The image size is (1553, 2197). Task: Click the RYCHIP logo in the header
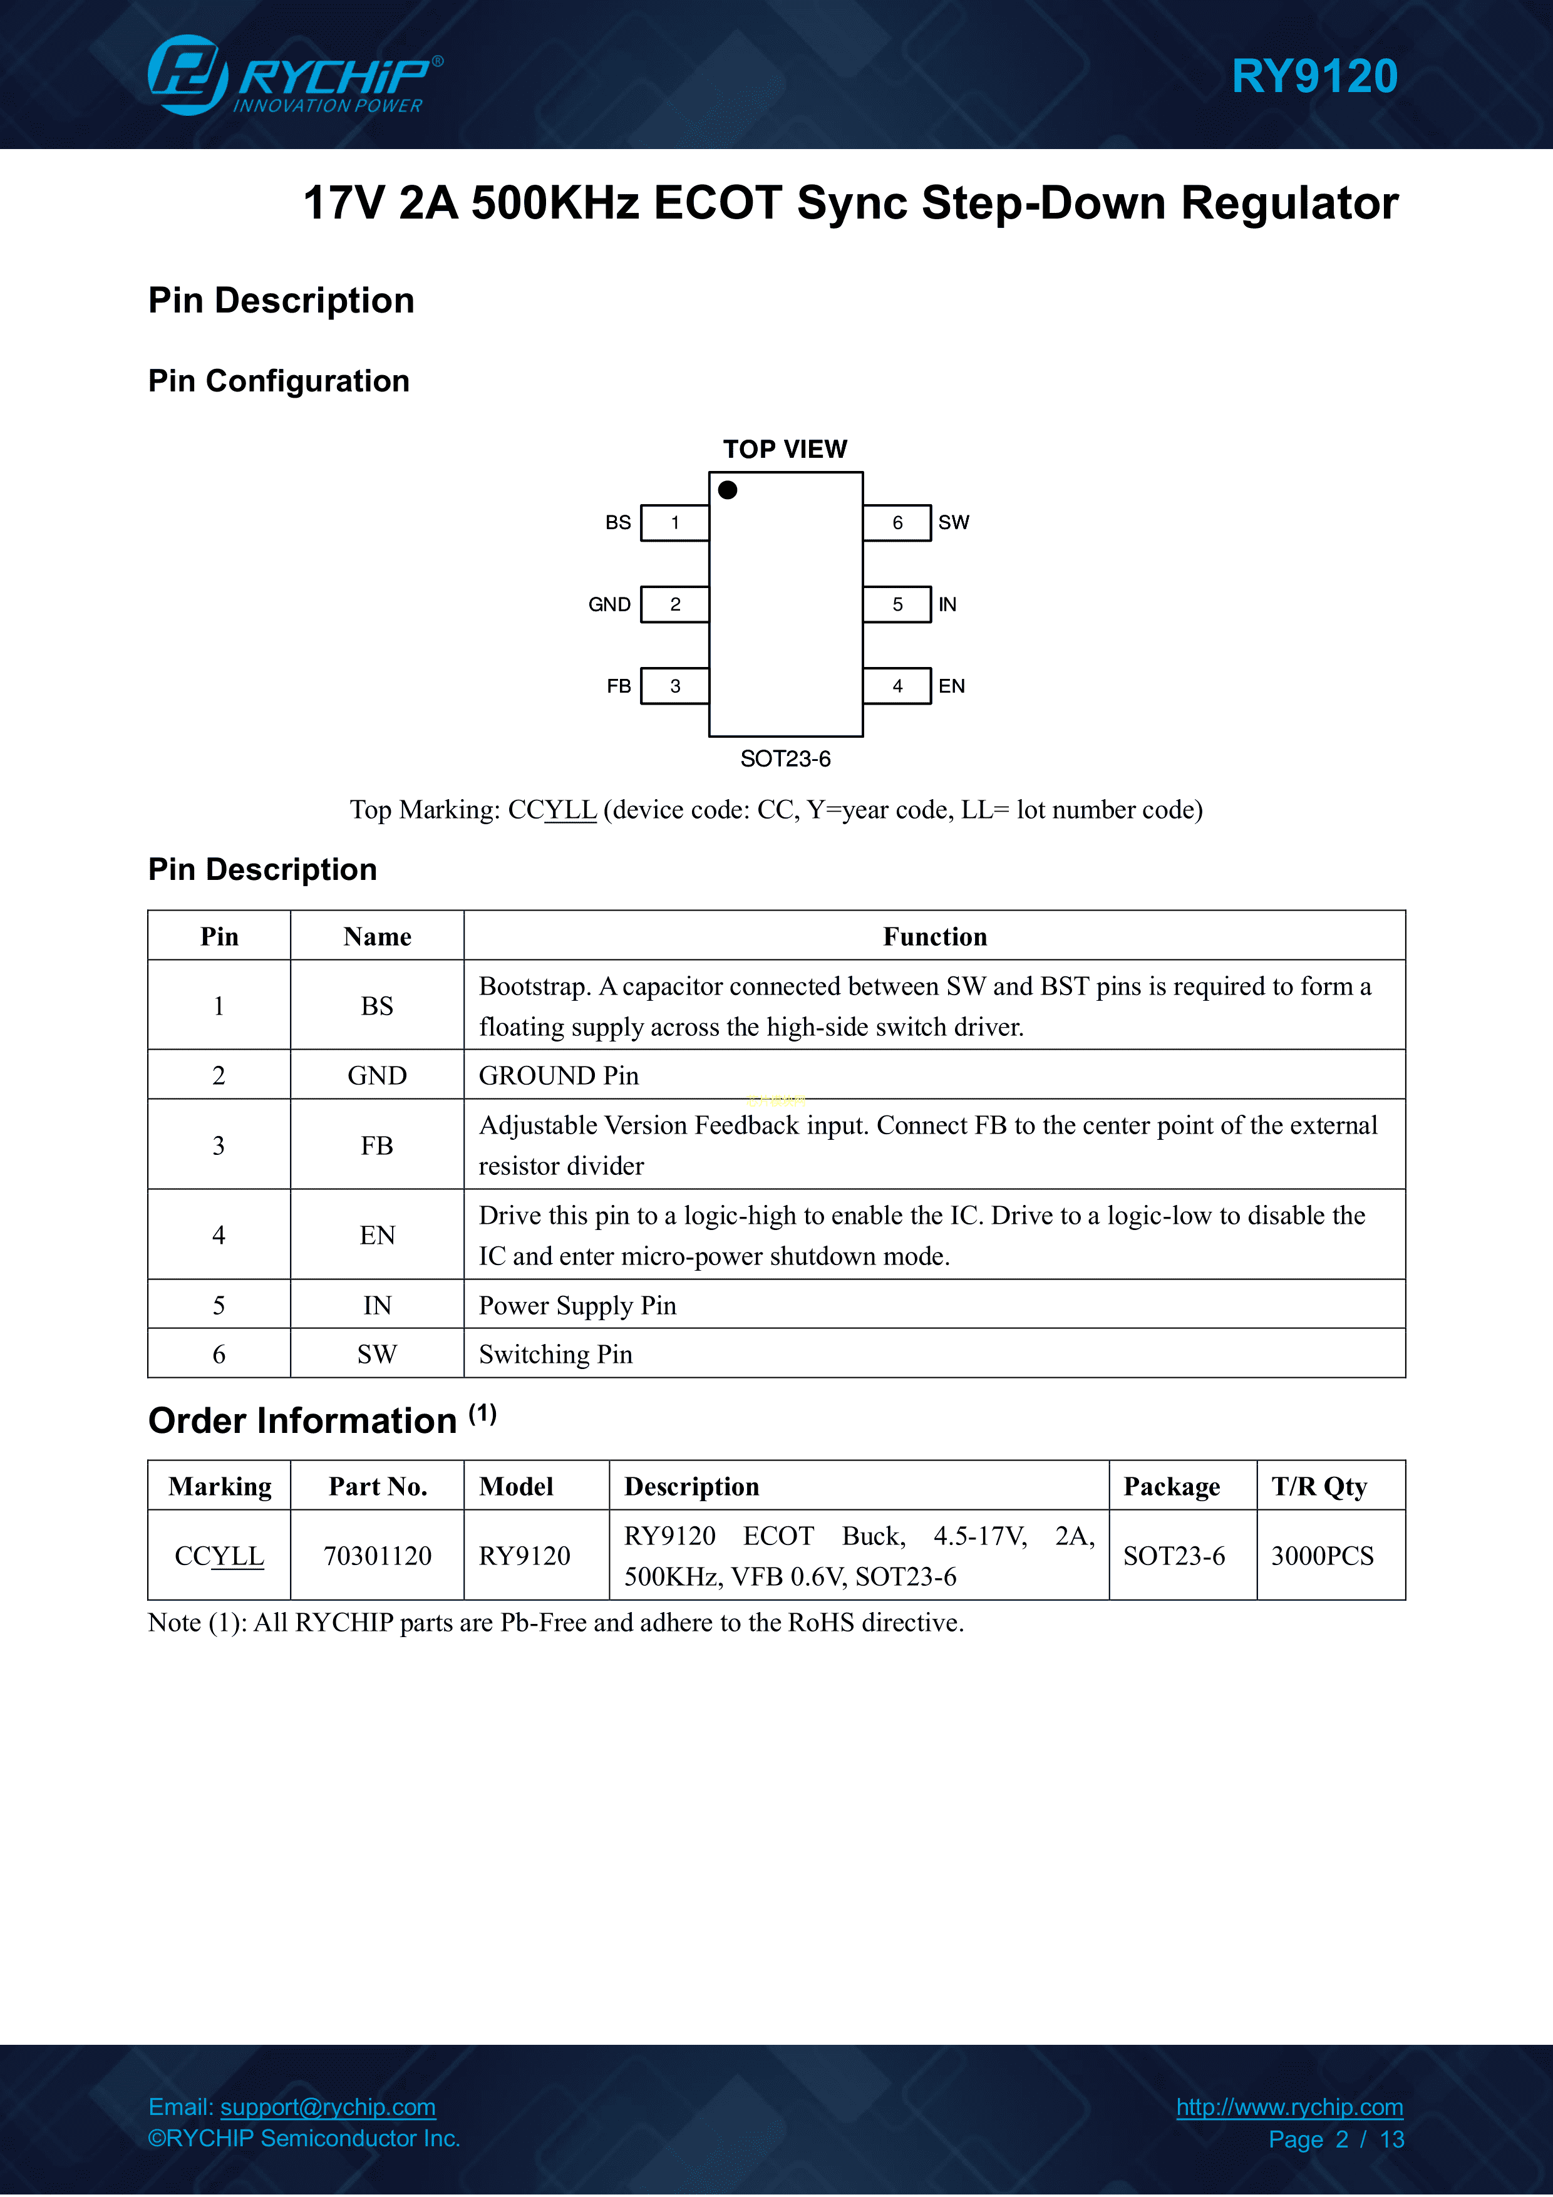(295, 75)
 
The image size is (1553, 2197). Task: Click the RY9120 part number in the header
(1314, 76)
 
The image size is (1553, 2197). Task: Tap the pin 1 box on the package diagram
(674, 522)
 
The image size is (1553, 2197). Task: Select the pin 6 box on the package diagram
(897, 522)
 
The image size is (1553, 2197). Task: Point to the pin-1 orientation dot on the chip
(727, 490)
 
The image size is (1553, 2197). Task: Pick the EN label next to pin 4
(951, 686)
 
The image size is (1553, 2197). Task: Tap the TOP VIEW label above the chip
(785, 449)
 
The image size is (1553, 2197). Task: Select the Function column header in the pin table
(935, 936)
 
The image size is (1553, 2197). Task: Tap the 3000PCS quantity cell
(1331, 1556)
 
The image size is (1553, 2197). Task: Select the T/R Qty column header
(1319, 1486)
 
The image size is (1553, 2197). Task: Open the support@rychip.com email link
(328, 2106)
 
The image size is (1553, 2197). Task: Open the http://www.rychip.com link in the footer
(1290, 2106)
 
